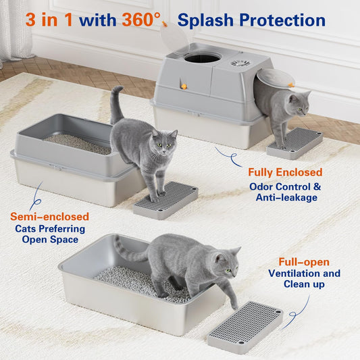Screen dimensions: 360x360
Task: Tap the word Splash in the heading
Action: click(205, 20)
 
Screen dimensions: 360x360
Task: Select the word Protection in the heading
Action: click(282, 20)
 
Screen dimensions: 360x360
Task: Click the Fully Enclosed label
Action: click(285, 172)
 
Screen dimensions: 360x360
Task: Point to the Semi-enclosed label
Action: click(49, 217)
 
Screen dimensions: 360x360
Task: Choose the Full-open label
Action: click(304, 262)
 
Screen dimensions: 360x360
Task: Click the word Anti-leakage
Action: click(286, 197)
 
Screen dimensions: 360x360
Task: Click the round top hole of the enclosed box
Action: click(203, 57)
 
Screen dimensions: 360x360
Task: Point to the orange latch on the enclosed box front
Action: click(183, 86)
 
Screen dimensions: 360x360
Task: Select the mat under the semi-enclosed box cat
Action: click(165, 200)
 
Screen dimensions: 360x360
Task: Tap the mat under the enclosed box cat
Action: click(294, 143)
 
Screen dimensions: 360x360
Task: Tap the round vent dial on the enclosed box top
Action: click(240, 63)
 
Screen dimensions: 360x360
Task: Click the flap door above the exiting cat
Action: click(274, 78)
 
